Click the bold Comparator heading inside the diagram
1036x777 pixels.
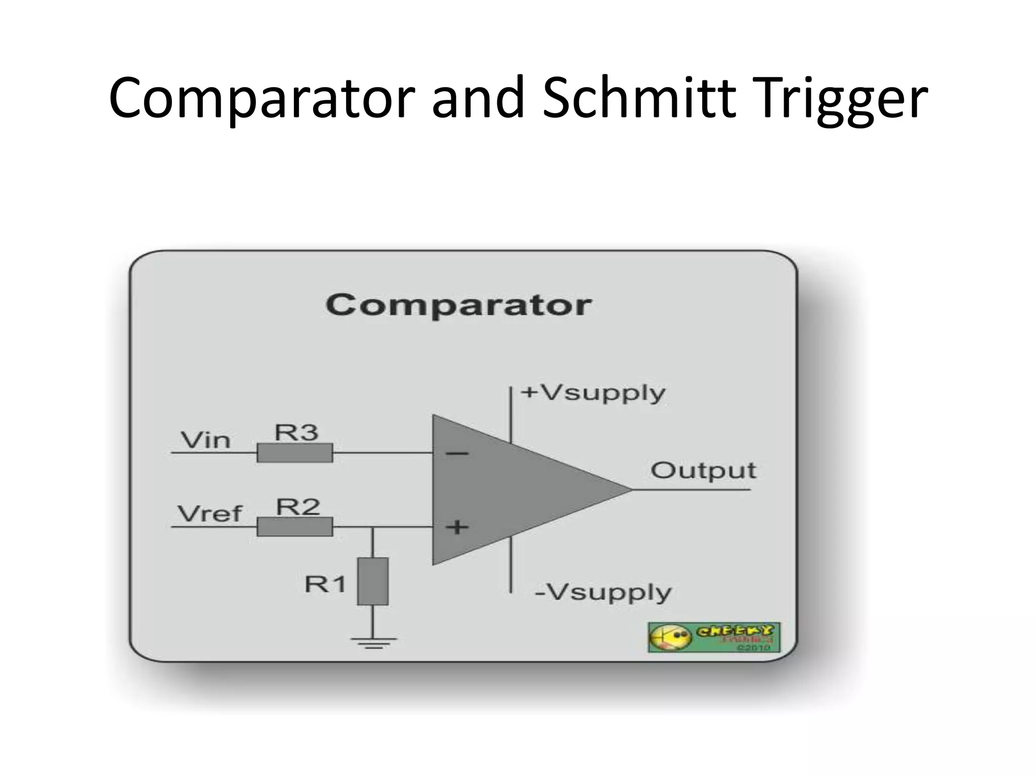[458, 305]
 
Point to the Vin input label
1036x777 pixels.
[206, 440]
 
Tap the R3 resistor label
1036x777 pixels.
[296, 433]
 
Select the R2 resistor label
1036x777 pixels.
[298, 507]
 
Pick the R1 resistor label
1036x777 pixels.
[325, 584]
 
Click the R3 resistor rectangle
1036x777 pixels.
[295, 453]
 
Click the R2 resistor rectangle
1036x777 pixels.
[295, 527]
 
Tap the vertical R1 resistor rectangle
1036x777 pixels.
[373, 581]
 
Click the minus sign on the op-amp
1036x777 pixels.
[457, 453]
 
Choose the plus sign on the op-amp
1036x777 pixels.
[457, 527]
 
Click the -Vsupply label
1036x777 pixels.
[603, 592]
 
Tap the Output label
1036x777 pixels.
[703, 471]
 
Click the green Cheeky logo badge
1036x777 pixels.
[714, 637]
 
